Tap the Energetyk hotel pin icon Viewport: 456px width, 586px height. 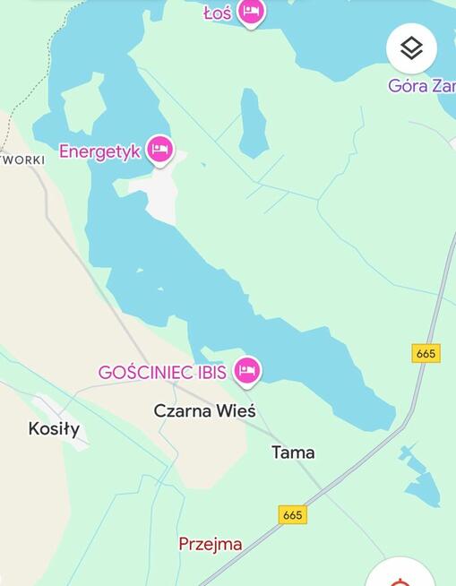[x=160, y=149]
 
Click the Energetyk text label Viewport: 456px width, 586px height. [x=99, y=151]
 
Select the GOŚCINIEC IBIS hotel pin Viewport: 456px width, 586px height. [x=246, y=369]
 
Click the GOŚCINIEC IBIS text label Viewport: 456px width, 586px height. [x=161, y=372]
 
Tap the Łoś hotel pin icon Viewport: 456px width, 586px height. [x=252, y=11]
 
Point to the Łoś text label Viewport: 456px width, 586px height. [x=217, y=13]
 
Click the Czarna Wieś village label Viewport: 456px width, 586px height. [x=204, y=411]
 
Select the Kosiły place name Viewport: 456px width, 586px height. [x=54, y=429]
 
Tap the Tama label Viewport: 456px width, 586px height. [x=293, y=452]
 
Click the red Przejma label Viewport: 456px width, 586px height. [x=211, y=544]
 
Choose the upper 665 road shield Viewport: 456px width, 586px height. [x=426, y=353]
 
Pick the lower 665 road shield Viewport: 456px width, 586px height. [x=292, y=514]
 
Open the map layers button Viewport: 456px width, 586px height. [x=411, y=48]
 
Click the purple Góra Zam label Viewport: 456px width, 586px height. [x=421, y=86]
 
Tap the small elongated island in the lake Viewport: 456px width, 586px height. [x=254, y=123]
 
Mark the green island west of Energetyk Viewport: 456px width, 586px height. [x=82, y=107]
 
